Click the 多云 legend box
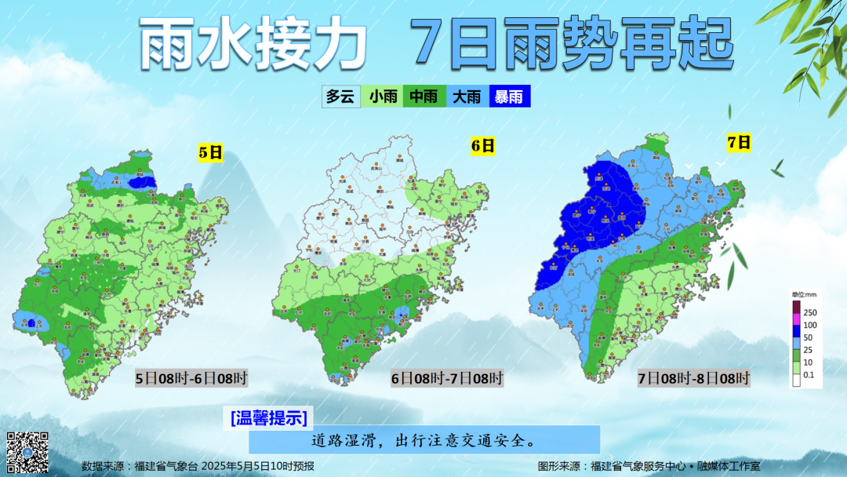click(x=340, y=96)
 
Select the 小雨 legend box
click(x=384, y=96)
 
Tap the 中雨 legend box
click(x=424, y=96)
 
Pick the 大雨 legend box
click(x=467, y=96)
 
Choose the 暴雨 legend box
click(x=509, y=96)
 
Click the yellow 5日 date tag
click(x=211, y=152)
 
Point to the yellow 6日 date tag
click(x=482, y=145)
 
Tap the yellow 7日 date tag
click(x=739, y=142)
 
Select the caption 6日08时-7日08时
click(x=447, y=379)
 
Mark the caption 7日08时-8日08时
click(x=693, y=379)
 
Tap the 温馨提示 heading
click(x=268, y=417)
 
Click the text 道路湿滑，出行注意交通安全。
click(x=423, y=440)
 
